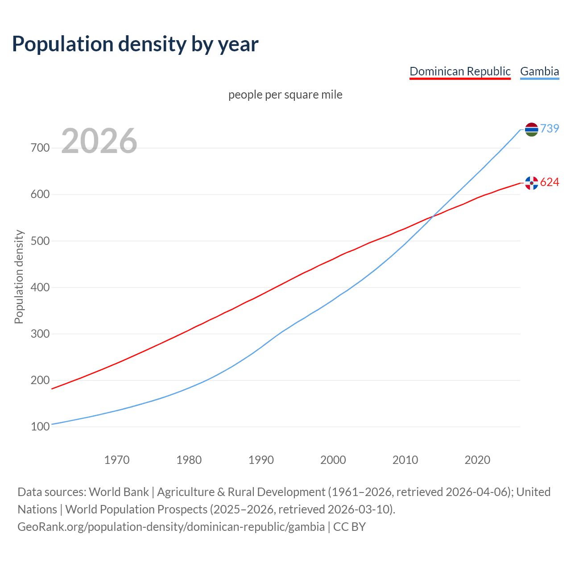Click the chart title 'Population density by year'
point(135,44)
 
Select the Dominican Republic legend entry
point(460,71)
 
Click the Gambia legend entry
point(539,71)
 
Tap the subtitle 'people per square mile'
point(285,95)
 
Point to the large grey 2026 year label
point(99,141)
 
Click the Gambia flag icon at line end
point(531,129)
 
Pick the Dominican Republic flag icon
point(531,183)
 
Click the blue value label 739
point(550,128)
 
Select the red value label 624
point(550,182)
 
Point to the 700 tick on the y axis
point(40,148)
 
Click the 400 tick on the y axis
point(40,287)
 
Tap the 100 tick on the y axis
point(40,427)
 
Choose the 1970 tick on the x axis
point(117,460)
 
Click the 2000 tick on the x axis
point(333,460)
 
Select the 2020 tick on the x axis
point(477,460)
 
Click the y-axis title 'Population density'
point(19,277)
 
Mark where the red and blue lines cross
point(431,217)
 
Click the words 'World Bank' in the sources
point(119,492)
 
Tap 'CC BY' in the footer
point(349,527)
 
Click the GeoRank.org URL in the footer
point(171,527)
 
